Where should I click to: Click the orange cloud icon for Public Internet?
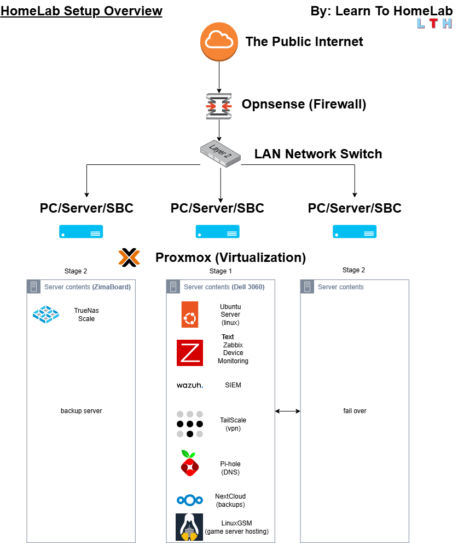pyautogui.click(x=219, y=41)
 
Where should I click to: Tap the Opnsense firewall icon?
pyautogui.click(x=219, y=106)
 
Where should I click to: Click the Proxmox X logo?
pyautogui.click(x=129, y=257)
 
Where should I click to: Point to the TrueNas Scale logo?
pyautogui.click(x=45, y=314)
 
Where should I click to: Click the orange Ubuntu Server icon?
pyautogui.click(x=190, y=315)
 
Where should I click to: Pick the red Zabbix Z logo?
pyautogui.click(x=190, y=353)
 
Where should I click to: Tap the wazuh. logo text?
pyautogui.click(x=190, y=385)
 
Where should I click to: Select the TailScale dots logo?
pyautogui.click(x=190, y=424)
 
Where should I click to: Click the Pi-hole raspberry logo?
pyautogui.click(x=189, y=464)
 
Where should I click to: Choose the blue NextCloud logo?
pyautogui.click(x=190, y=500)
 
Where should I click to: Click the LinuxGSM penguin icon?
pyautogui.click(x=189, y=527)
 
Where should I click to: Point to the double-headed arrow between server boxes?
pyautogui.click(x=288, y=411)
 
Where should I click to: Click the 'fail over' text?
pyautogui.click(x=354, y=411)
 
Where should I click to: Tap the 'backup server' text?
pyautogui.click(x=81, y=411)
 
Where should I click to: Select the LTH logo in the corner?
pyautogui.click(x=434, y=24)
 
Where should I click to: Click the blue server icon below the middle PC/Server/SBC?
pyautogui.click(x=218, y=232)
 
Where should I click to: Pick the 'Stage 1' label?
pyautogui.click(x=221, y=271)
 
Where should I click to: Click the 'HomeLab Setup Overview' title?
pyautogui.click(x=82, y=11)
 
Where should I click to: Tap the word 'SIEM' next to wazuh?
pyautogui.click(x=233, y=385)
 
